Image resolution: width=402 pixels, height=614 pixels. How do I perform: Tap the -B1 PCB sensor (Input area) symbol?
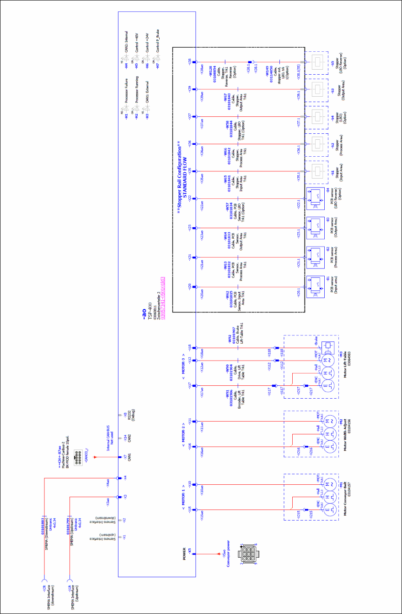[x=316, y=285]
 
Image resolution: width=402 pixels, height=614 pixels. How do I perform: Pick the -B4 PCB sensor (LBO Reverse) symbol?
[x=316, y=198]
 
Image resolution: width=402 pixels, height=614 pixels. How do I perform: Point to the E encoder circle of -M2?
[x=326, y=446]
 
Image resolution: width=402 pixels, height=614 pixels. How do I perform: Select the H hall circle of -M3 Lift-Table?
[x=326, y=373]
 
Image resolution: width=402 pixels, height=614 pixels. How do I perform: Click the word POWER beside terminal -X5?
[x=184, y=554]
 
